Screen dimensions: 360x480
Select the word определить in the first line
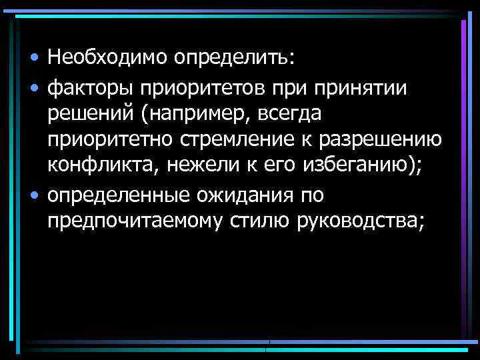(x=233, y=58)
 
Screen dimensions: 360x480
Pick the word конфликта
(x=98, y=168)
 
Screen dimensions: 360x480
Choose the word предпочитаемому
(x=134, y=223)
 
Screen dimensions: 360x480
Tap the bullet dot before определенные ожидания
(x=33, y=196)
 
